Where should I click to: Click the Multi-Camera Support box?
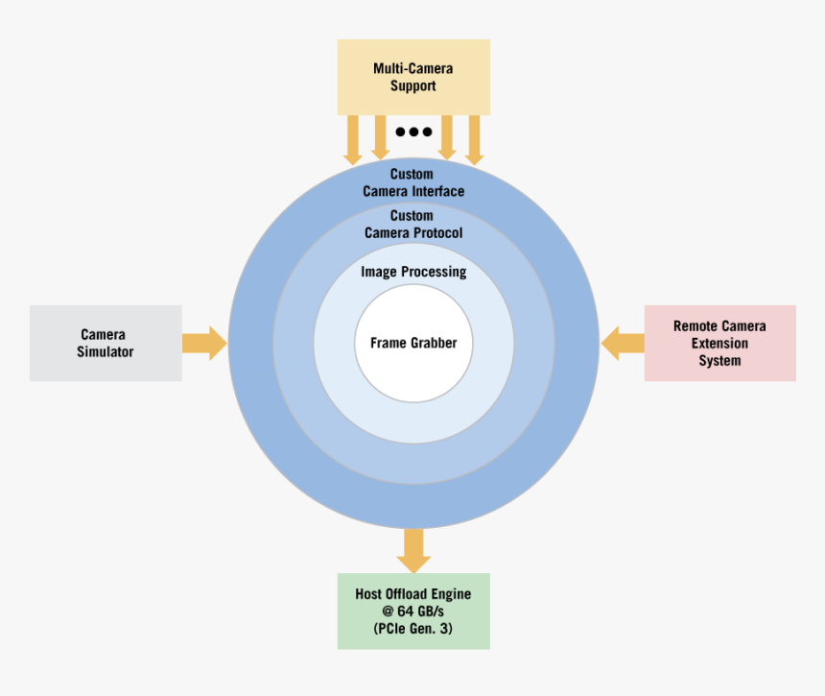coord(412,78)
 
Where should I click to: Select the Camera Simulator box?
coord(106,343)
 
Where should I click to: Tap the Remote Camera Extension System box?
coord(719,343)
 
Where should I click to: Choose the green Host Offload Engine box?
coord(413,611)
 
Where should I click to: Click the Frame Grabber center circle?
coord(413,343)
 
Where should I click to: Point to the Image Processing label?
coord(413,272)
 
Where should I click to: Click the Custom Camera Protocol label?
coord(412,225)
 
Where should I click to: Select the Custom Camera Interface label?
coord(412,182)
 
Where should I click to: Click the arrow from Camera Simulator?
coord(203,343)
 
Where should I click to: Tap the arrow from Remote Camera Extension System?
coord(623,343)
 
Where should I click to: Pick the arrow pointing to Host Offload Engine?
coord(413,550)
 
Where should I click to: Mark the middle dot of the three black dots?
coord(413,132)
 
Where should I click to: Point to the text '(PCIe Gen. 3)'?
coord(413,629)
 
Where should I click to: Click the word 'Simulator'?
coord(106,352)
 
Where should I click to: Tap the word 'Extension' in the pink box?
coord(719,344)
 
